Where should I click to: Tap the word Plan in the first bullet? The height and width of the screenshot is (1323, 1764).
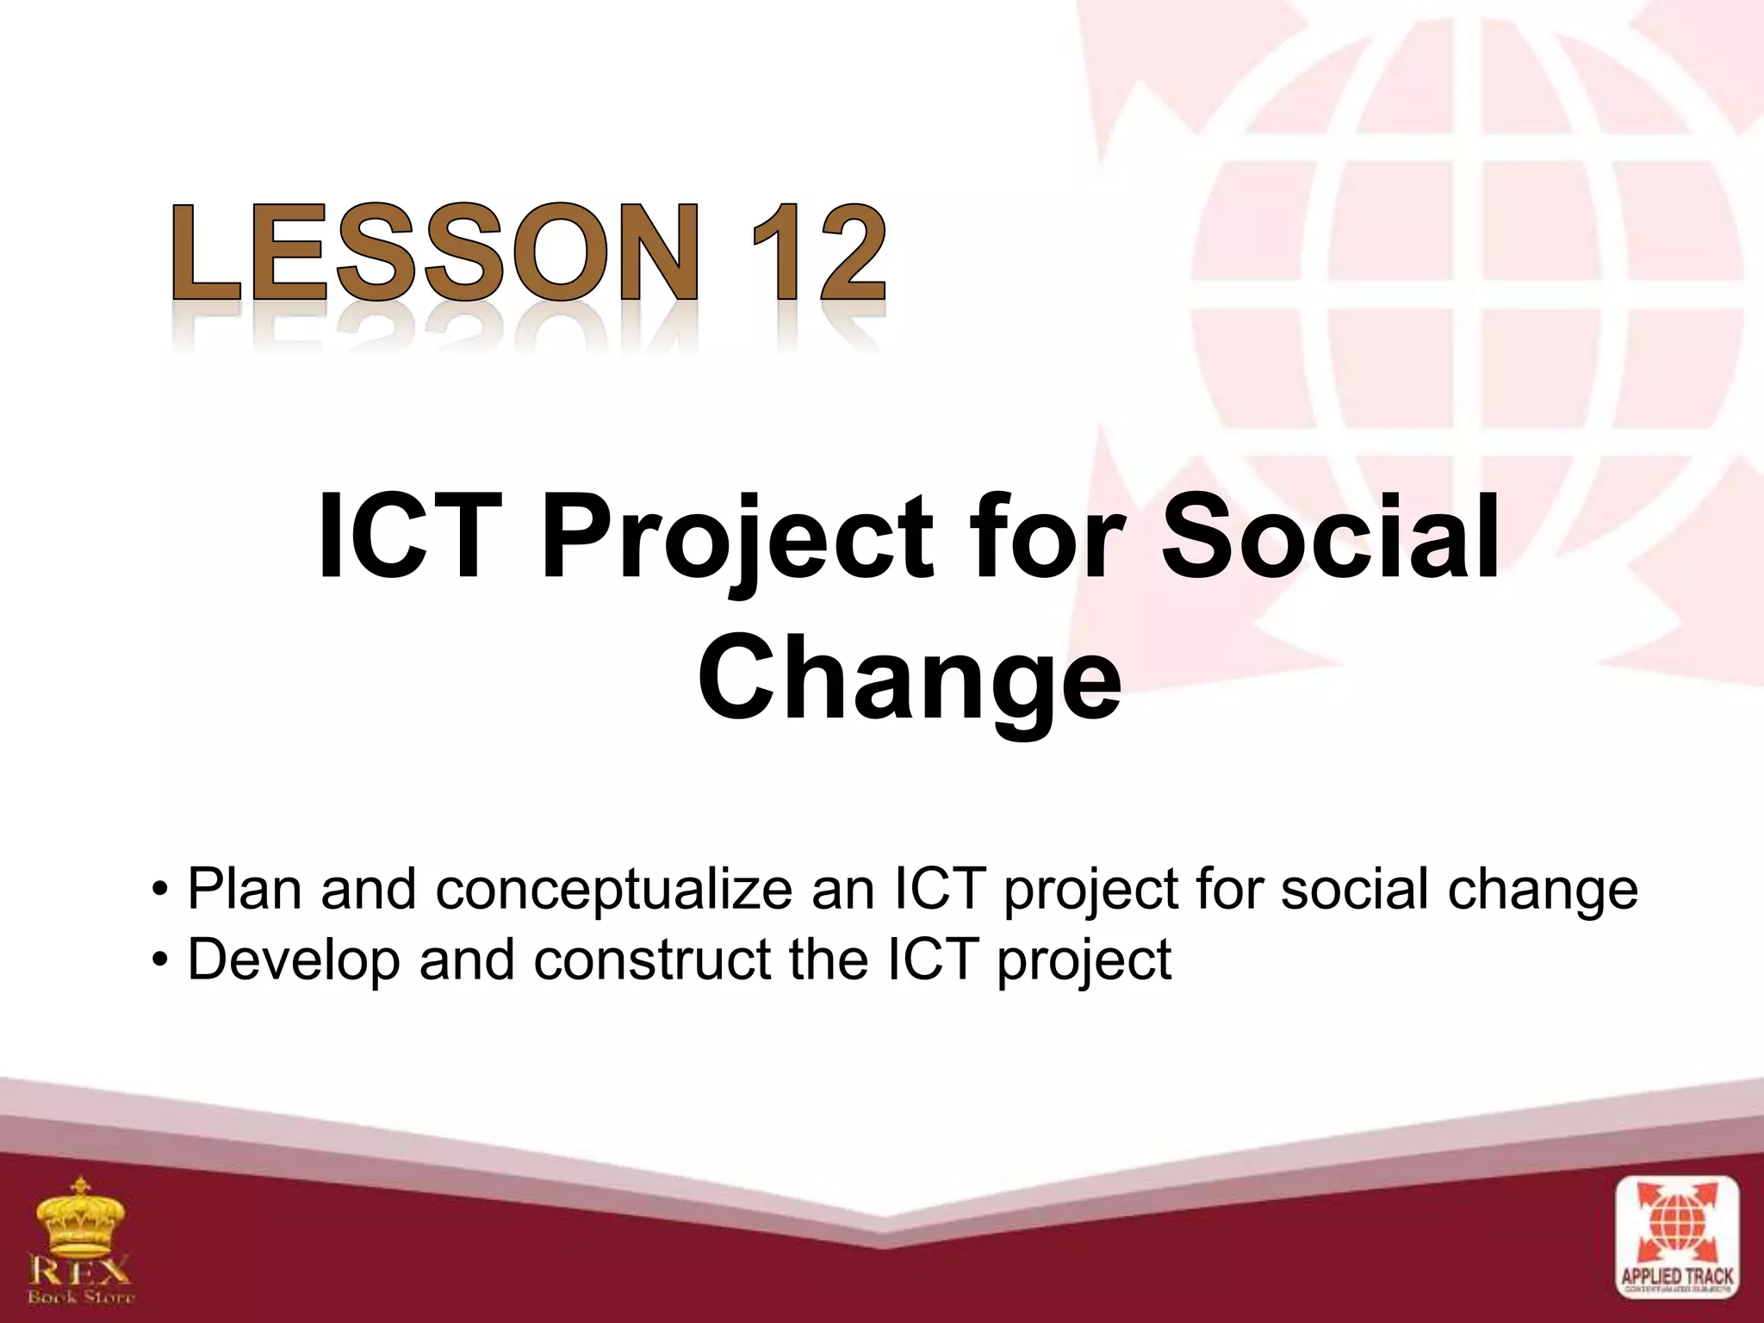[x=244, y=889]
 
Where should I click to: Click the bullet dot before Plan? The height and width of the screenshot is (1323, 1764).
[x=158, y=891]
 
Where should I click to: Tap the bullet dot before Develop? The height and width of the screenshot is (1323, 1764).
[x=158, y=960]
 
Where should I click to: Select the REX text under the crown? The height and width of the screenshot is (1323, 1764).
[x=81, y=1270]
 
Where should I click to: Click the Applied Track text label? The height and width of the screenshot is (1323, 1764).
[x=1676, y=1276]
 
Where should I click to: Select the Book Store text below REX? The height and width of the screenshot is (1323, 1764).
[x=82, y=1295]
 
